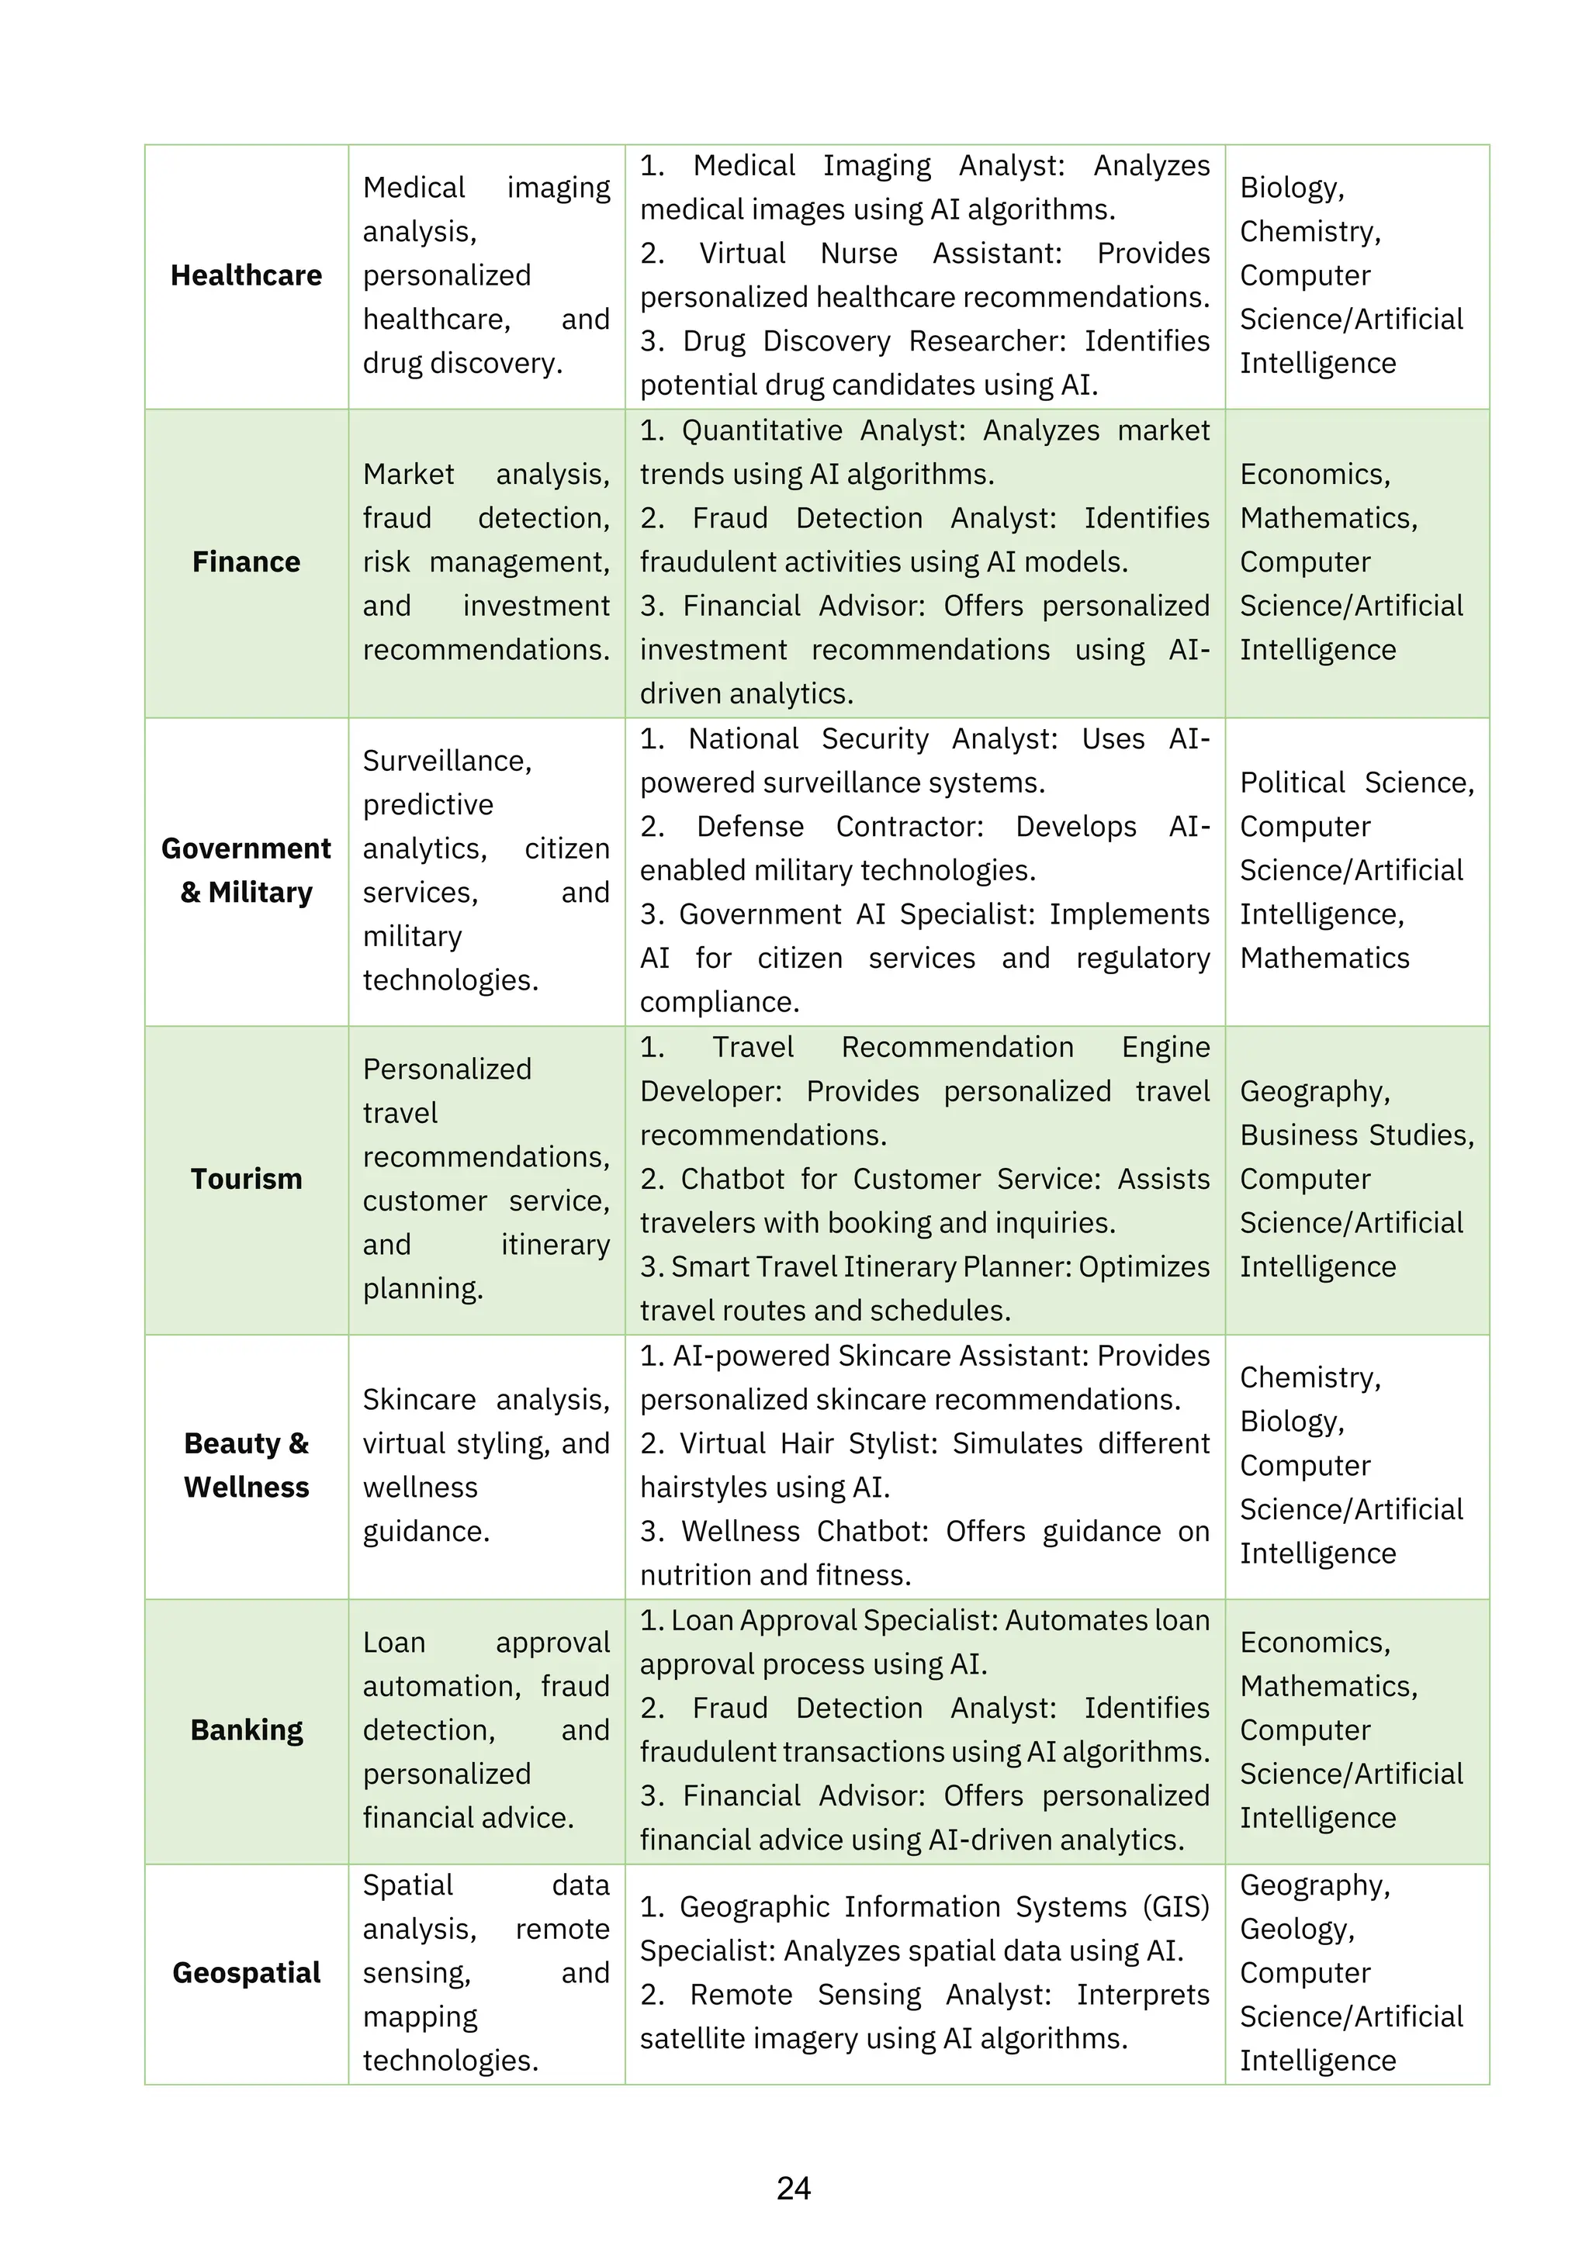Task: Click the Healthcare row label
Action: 246,276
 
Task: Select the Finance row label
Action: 246,562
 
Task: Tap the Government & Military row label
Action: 246,871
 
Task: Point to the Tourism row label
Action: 246,1179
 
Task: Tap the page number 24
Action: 794,2189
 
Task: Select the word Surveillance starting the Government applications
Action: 446,761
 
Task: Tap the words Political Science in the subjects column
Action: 1355,783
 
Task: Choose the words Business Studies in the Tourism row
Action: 1355,1135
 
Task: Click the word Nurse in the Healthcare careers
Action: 858,254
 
